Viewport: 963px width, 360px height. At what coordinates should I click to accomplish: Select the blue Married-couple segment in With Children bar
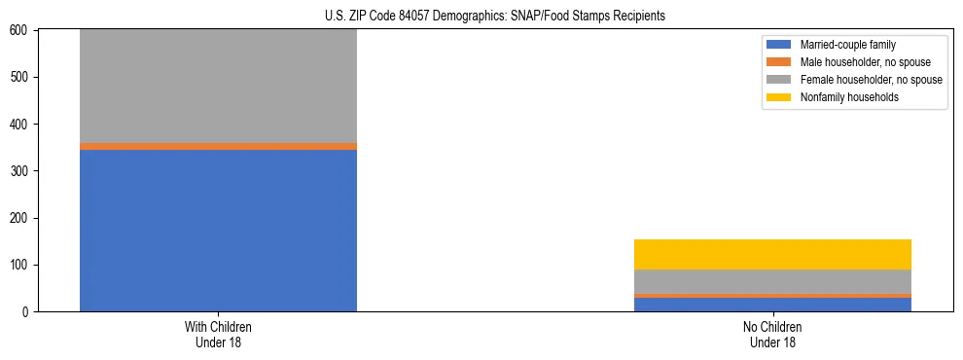tap(218, 231)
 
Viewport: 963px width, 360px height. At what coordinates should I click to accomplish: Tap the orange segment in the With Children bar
tap(218, 146)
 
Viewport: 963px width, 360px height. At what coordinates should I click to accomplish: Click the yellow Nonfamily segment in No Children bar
tap(772, 254)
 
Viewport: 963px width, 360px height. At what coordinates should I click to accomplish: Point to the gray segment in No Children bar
tap(772, 281)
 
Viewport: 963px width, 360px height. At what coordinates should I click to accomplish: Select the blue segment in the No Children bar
tap(772, 305)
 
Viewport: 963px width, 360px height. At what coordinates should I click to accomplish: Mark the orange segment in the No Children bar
tap(772, 296)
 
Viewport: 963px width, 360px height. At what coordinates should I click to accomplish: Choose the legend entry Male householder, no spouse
tap(858, 62)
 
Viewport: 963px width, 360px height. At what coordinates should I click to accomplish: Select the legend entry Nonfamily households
tap(842, 97)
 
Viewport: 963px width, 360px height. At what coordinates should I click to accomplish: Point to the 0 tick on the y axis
tap(26, 312)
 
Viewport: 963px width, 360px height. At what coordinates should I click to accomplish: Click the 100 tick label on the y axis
tap(20, 265)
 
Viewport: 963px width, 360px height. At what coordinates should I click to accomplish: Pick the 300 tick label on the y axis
tap(20, 171)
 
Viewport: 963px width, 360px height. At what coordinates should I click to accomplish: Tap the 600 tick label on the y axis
tap(20, 31)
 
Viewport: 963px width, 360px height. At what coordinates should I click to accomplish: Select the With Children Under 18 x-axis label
tap(218, 335)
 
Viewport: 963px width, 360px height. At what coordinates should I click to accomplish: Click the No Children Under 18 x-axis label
tap(772, 335)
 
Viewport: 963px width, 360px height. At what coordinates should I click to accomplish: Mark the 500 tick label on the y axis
tap(20, 78)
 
